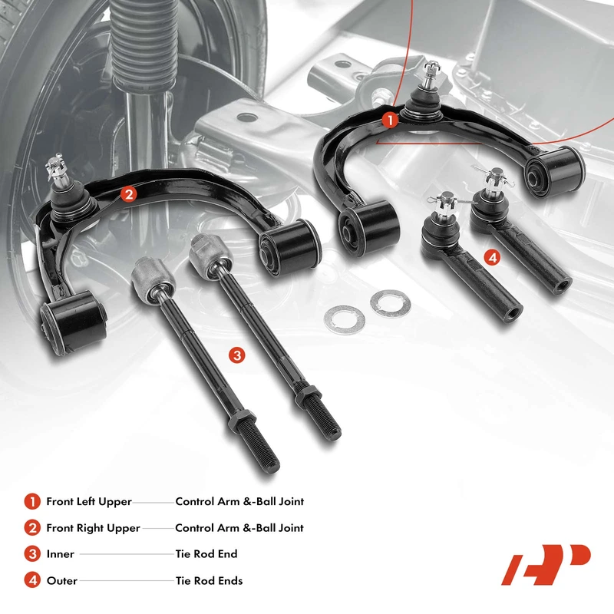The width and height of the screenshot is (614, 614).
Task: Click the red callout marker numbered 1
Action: (390, 120)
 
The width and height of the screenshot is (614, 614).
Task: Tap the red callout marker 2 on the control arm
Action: (129, 194)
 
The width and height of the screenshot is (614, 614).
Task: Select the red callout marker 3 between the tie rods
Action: (237, 355)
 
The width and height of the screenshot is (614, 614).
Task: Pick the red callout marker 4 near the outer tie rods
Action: (493, 259)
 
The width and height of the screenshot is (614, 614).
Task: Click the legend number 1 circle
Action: (31, 501)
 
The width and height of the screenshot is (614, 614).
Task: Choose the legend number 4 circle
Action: (31, 580)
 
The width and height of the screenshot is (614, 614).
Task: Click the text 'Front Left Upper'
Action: (89, 501)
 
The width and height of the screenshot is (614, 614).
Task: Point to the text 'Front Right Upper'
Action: (93, 528)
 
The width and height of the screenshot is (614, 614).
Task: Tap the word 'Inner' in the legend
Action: (61, 554)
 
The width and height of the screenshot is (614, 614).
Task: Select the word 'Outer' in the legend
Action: (62, 580)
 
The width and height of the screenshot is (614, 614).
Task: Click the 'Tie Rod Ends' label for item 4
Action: (209, 580)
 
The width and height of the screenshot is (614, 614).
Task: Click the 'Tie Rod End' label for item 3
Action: (206, 554)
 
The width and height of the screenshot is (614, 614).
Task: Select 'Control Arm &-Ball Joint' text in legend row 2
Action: (239, 528)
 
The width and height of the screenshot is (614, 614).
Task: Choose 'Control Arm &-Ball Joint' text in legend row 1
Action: (239, 501)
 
